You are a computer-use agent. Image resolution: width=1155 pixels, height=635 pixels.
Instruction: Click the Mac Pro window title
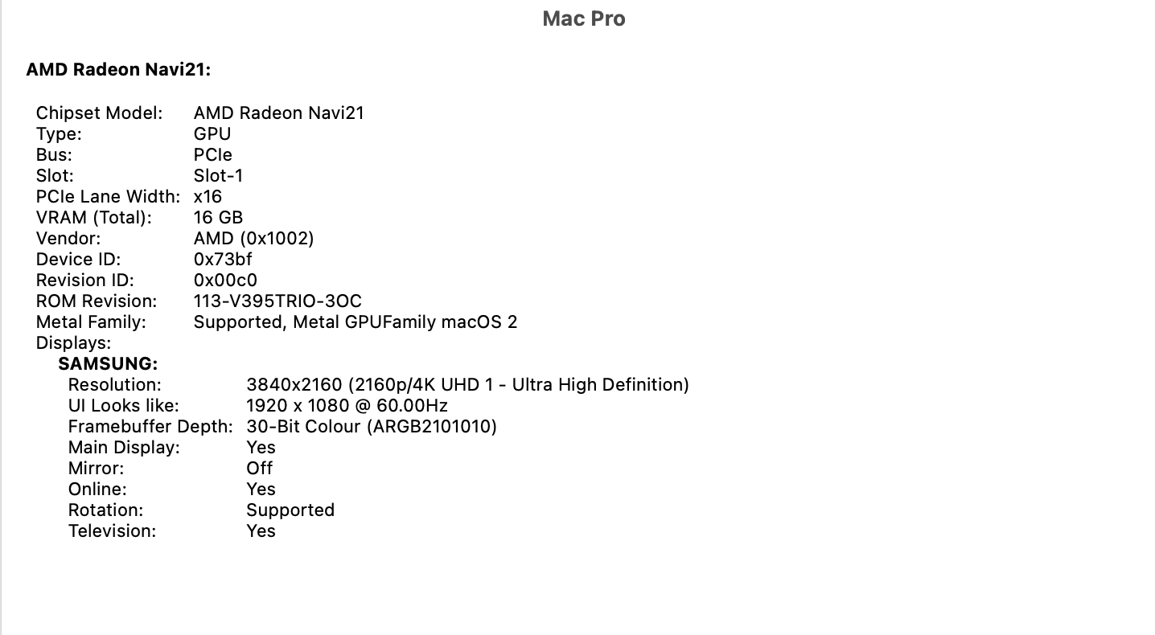tap(583, 18)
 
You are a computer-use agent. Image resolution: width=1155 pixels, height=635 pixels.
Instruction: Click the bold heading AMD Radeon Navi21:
tap(118, 70)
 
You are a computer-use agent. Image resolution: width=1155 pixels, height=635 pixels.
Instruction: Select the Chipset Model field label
tap(99, 113)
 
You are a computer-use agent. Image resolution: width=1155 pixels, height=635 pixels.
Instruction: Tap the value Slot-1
tap(218, 176)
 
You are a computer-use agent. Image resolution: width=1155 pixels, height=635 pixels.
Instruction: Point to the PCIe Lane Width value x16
tap(208, 197)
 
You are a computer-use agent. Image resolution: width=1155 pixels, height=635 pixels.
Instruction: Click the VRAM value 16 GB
tap(218, 218)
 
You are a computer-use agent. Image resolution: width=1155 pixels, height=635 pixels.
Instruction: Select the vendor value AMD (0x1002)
tap(253, 239)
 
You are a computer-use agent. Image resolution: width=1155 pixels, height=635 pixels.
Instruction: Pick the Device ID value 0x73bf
tap(223, 260)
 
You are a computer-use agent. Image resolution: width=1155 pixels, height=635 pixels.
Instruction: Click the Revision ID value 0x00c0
tap(225, 281)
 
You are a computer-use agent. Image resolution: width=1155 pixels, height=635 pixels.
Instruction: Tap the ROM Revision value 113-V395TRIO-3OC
tap(277, 301)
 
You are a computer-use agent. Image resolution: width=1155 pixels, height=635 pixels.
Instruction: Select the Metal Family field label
tap(91, 322)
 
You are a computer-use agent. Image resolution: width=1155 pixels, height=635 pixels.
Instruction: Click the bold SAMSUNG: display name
tap(108, 364)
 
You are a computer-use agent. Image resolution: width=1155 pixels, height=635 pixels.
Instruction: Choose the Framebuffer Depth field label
tap(150, 427)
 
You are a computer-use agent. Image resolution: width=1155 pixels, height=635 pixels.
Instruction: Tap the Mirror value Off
tap(260, 469)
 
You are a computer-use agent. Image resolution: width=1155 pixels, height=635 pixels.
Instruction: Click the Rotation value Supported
tap(290, 510)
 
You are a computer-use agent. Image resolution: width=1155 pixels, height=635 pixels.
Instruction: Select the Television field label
tap(112, 531)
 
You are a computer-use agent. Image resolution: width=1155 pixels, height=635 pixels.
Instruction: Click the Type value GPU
tap(212, 134)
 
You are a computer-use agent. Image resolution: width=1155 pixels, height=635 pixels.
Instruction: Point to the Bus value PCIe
tap(213, 155)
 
